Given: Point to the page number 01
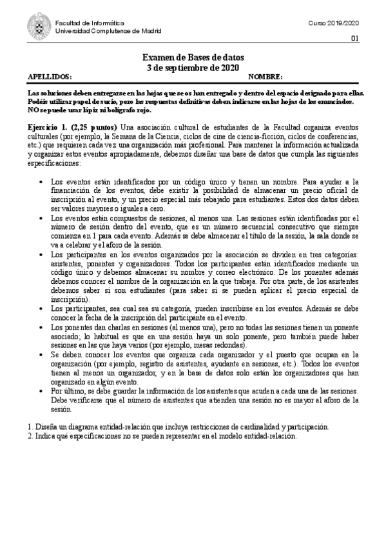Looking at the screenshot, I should [x=354, y=38].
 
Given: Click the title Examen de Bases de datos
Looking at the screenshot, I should [x=193, y=58].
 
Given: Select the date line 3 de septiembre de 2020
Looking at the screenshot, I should [x=193, y=67].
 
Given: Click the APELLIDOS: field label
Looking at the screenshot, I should [x=50, y=76].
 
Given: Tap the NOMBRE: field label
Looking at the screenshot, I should [x=265, y=76].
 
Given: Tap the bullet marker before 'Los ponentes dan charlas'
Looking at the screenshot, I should [x=42, y=328].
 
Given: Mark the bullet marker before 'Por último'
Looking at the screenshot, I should [x=42, y=392].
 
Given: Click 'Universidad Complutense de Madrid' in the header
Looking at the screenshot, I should [x=108, y=31].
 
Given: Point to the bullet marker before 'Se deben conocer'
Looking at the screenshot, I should [x=42, y=355].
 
